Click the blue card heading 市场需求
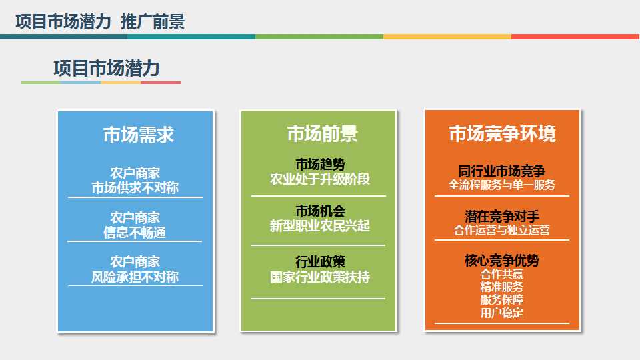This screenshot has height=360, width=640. [x=138, y=135]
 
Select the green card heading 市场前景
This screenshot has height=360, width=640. [x=322, y=133]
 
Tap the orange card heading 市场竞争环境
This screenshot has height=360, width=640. [x=502, y=133]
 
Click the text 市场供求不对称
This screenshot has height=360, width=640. [x=135, y=187]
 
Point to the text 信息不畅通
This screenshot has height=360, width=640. [x=135, y=233]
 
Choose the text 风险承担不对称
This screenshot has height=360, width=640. [x=135, y=277]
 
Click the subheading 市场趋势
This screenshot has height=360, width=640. [x=320, y=164]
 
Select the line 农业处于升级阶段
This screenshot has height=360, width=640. [x=320, y=179]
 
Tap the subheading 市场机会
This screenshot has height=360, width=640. [x=320, y=211]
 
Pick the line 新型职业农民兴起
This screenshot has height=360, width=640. [x=320, y=227]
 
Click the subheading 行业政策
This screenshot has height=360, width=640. [x=320, y=261]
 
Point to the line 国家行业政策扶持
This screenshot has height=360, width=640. [x=320, y=277]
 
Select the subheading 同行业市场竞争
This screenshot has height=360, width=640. [x=502, y=170]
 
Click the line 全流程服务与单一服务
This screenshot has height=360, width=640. [x=502, y=185]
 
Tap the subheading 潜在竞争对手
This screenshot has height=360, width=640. [x=502, y=216]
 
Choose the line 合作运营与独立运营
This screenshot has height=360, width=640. [x=502, y=231]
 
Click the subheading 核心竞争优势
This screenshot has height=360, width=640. [x=502, y=261]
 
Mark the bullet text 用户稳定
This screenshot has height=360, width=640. [x=502, y=313]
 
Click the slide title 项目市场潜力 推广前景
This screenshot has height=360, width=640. [x=99, y=22]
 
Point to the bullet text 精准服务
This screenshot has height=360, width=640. [x=502, y=287]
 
